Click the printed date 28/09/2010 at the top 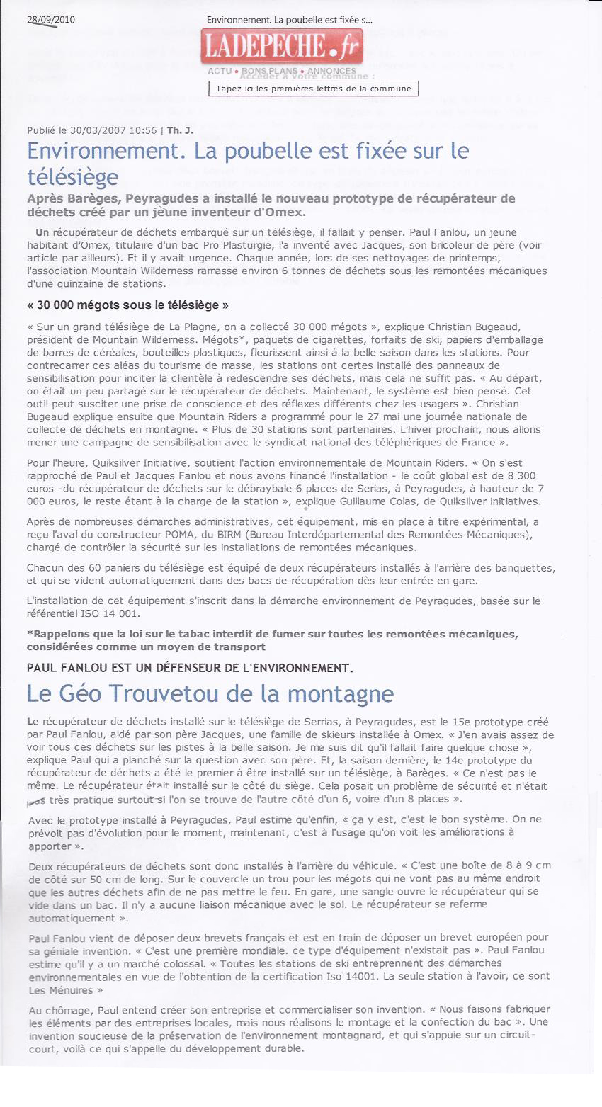[x=50, y=19]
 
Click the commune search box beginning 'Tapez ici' [x=313, y=89]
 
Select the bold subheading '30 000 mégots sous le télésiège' [x=128, y=305]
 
